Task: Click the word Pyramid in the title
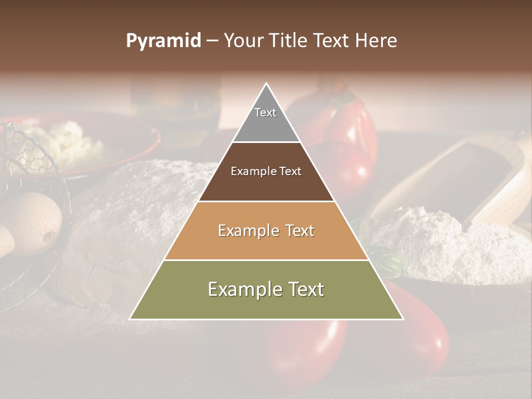[163, 41]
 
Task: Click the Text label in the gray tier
[265, 112]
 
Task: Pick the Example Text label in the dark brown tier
[266, 171]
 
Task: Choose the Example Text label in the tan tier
[266, 231]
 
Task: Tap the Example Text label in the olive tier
[266, 289]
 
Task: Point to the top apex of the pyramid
[267, 84]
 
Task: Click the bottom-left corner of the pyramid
[130, 319]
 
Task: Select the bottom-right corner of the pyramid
[403, 319]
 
